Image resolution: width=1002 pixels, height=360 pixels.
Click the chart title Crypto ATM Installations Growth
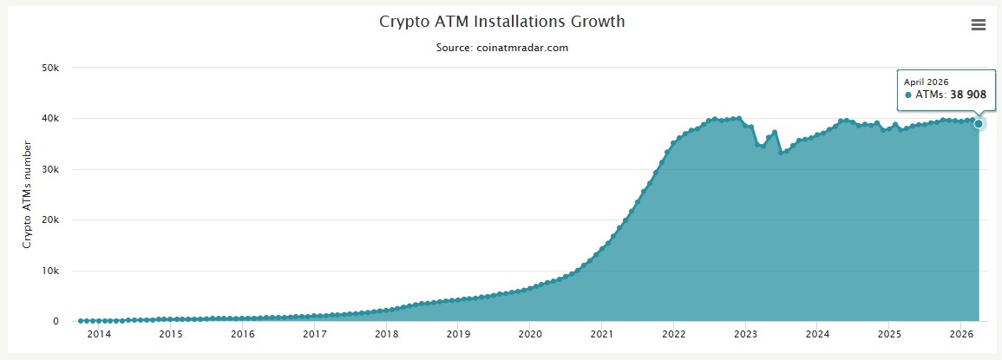point(501,21)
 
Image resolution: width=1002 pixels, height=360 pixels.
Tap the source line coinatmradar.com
point(501,48)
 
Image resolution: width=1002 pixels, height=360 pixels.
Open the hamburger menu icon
point(979,25)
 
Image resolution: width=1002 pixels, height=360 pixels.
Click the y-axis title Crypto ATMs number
point(27,195)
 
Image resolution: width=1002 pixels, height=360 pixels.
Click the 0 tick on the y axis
point(56,321)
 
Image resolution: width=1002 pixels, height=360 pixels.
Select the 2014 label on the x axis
point(99,334)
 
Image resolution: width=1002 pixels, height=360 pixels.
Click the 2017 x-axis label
point(315,334)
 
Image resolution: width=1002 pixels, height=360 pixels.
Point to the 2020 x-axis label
point(530,334)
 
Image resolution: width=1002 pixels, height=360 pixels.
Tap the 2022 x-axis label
point(674,334)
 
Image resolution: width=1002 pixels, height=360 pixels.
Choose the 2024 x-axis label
point(817,334)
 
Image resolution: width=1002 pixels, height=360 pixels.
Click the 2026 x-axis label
point(961,334)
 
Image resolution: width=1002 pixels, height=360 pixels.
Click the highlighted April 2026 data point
point(979,124)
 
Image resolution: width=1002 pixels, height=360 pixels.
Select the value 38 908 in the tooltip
point(969,95)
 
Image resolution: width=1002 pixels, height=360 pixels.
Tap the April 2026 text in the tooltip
point(927,82)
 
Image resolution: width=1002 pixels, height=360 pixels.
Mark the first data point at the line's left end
point(81,321)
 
